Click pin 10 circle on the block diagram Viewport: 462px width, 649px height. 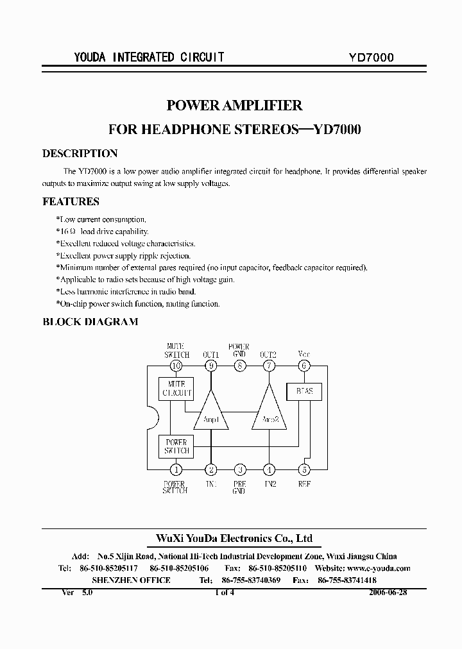pyautogui.click(x=176, y=366)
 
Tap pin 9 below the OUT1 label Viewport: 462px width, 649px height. pyautogui.click(x=211, y=366)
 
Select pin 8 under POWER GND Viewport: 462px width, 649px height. pyautogui.click(x=239, y=366)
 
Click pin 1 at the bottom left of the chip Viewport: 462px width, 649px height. pyautogui.click(x=176, y=469)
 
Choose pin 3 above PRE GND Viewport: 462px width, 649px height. pyautogui.click(x=239, y=469)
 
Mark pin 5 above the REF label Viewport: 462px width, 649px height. pyautogui.click(x=304, y=469)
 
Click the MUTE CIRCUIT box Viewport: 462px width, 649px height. pyautogui.click(x=176, y=388)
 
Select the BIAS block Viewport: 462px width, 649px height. pyautogui.click(x=304, y=391)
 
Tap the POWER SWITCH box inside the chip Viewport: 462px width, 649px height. pyautogui.click(x=176, y=446)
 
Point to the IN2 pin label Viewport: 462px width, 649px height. pyautogui.click(x=268, y=484)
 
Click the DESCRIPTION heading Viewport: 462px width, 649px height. pyautogui.click(x=80, y=154)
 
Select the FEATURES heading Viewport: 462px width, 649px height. pyautogui.click(x=71, y=201)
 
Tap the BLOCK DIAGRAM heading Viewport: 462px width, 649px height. pyautogui.click(x=90, y=322)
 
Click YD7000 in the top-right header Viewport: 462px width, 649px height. pyautogui.click(x=366, y=57)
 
